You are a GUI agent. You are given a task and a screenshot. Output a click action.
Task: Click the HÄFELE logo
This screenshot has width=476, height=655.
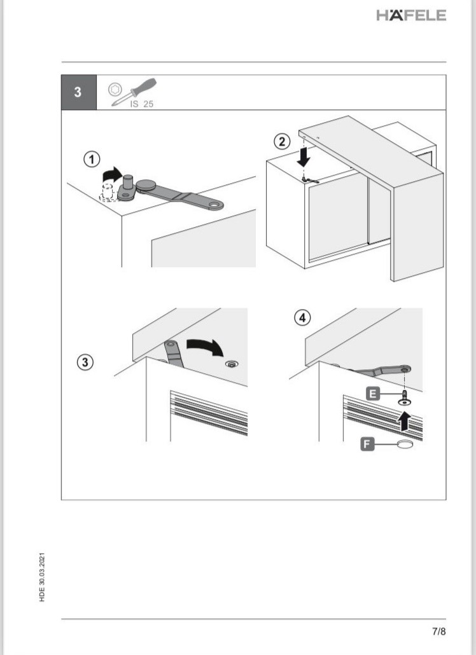(x=411, y=15)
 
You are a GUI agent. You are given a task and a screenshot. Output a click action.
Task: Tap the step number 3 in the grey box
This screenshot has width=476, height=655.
(x=78, y=92)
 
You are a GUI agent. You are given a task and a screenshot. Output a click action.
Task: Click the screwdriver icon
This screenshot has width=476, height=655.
(x=133, y=92)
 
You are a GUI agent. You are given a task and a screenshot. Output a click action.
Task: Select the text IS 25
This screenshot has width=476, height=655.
(x=141, y=104)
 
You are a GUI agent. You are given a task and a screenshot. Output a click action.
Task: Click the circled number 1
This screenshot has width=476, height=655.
(x=92, y=159)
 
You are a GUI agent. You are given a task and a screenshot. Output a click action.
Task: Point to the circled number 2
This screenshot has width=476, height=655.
(x=282, y=142)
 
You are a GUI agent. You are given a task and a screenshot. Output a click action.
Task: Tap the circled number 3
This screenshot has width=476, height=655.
(x=85, y=362)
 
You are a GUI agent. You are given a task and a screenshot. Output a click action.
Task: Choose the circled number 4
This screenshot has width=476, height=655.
(x=302, y=318)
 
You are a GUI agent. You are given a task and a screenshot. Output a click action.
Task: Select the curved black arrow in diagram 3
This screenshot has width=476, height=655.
(x=206, y=347)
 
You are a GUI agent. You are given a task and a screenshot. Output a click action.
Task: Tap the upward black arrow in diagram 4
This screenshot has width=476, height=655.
(x=404, y=420)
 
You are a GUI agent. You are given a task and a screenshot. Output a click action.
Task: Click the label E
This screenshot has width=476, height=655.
(x=373, y=394)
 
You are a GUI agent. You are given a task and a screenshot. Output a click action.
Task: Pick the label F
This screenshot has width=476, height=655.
(x=367, y=444)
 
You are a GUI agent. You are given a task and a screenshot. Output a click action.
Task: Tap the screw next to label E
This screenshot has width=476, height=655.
(x=404, y=397)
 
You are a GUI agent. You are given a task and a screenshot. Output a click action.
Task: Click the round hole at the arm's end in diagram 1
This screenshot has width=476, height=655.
(x=216, y=205)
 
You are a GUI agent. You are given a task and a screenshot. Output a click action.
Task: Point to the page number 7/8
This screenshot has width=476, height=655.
(x=439, y=631)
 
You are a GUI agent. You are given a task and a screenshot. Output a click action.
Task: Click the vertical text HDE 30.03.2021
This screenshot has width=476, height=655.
(x=42, y=577)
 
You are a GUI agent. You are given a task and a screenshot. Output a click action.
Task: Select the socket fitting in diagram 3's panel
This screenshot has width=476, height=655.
(x=231, y=364)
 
